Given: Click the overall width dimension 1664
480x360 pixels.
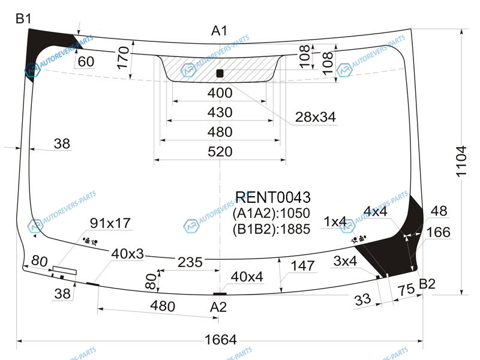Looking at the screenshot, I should click(x=220, y=340).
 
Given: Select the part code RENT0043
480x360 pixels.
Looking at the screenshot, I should click(x=272, y=197).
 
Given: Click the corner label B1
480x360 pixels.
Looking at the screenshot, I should click(x=23, y=19).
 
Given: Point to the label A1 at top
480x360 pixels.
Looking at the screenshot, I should click(x=219, y=31).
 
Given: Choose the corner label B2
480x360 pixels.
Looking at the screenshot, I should click(x=427, y=284).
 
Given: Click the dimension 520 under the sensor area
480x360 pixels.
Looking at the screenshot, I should click(x=220, y=152).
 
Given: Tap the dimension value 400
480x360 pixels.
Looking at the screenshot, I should click(x=220, y=93).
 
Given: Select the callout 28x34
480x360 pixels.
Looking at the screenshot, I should click(x=314, y=117).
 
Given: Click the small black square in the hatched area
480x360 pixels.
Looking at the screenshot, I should click(x=220, y=73).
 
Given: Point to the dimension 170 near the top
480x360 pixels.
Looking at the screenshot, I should click(x=123, y=58).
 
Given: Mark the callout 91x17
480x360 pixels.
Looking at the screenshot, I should click(x=110, y=223).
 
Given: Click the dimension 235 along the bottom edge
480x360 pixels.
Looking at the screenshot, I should click(x=189, y=262).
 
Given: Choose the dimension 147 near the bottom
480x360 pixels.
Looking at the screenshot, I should click(x=302, y=266).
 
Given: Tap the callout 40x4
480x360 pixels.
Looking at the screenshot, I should click(x=247, y=277).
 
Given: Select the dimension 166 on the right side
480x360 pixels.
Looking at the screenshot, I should click(x=438, y=232).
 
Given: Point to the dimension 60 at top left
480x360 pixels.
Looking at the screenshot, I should click(x=86, y=61).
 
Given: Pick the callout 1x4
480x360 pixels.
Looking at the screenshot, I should click(x=335, y=222).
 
